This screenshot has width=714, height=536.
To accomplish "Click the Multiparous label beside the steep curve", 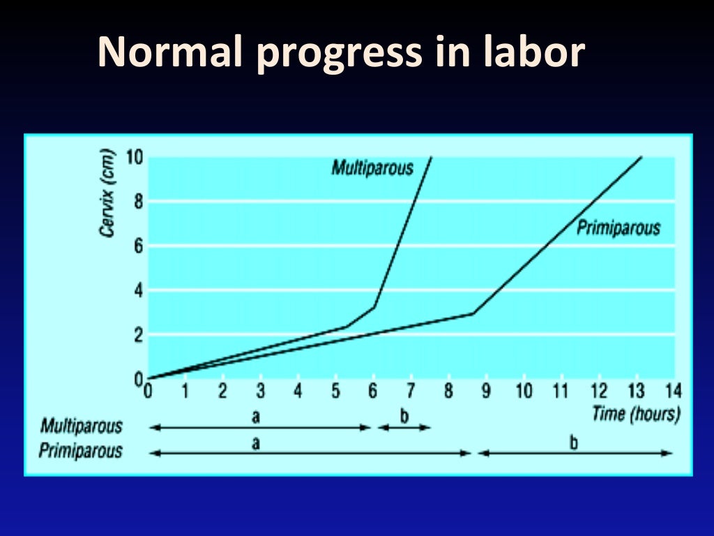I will click(372, 168).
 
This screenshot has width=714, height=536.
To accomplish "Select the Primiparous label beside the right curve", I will click(618, 228).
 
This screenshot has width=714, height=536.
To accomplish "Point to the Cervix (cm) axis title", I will click(107, 193).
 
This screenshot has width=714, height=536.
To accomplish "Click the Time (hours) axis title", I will click(635, 413).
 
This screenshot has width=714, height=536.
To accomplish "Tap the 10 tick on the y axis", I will click(134, 156).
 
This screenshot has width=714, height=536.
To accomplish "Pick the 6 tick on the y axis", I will click(137, 246).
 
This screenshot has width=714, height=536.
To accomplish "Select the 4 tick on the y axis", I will click(137, 290).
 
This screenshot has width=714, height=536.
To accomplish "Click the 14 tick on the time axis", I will click(673, 391).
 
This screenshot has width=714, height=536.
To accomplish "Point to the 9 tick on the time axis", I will click(485, 391).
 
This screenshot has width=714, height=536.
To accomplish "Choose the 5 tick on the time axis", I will click(335, 391).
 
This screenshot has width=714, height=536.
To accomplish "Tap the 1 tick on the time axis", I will click(185, 391).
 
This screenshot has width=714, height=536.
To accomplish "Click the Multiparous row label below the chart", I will click(81, 426).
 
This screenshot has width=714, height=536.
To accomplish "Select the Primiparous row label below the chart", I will click(80, 451).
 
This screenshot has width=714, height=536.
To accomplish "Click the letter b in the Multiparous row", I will click(404, 417).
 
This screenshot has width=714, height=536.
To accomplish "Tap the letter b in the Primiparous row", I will click(574, 442).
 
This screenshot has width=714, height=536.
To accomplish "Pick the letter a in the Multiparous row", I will click(256, 417).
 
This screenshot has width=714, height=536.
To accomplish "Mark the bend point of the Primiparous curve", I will click(473, 313).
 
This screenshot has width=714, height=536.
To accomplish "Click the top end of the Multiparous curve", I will click(432, 157).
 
